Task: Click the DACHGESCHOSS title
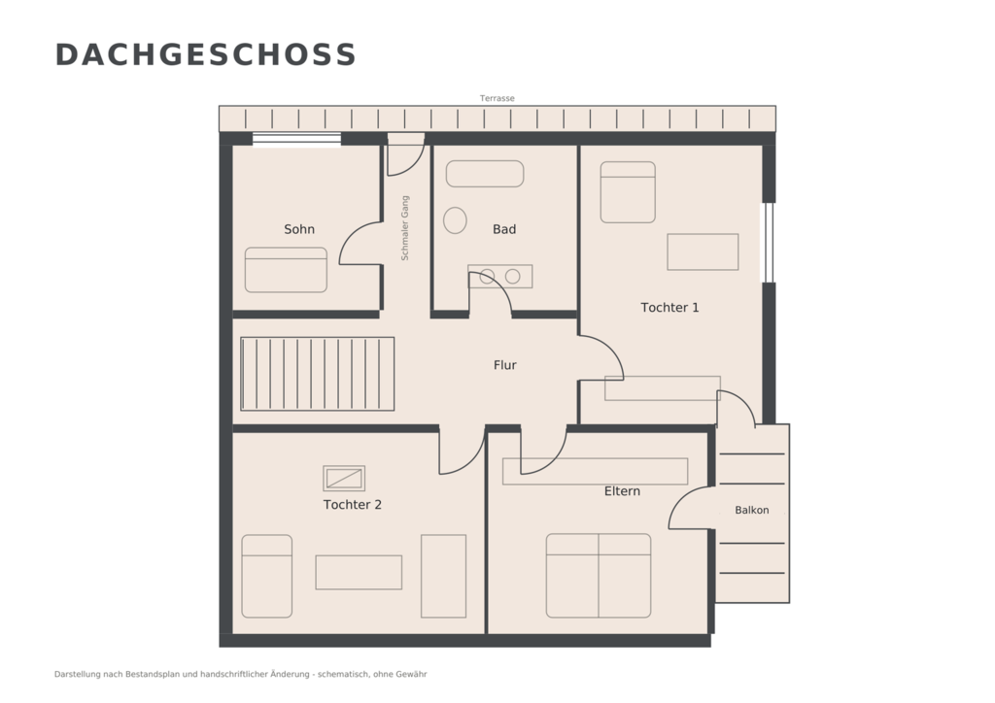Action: (206, 54)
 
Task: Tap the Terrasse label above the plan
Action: (497, 98)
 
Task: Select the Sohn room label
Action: (299, 229)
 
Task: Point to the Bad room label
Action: (504, 229)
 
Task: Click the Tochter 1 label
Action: (669, 308)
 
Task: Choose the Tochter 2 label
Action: (352, 505)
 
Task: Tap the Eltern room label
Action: (622, 490)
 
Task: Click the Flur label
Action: (505, 364)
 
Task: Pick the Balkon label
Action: (752, 510)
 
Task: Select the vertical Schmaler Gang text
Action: (405, 228)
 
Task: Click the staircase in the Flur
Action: (318, 374)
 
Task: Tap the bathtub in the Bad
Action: (485, 174)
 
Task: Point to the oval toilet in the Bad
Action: (455, 220)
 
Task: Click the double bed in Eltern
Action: (599, 576)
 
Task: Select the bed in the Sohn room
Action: (286, 270)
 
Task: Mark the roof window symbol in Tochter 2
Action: (344, 479)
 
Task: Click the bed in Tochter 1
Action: (628, 192)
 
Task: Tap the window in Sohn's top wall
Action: (296, 139)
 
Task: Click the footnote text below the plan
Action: (241, 674)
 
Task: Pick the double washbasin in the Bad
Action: (500, 277)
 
